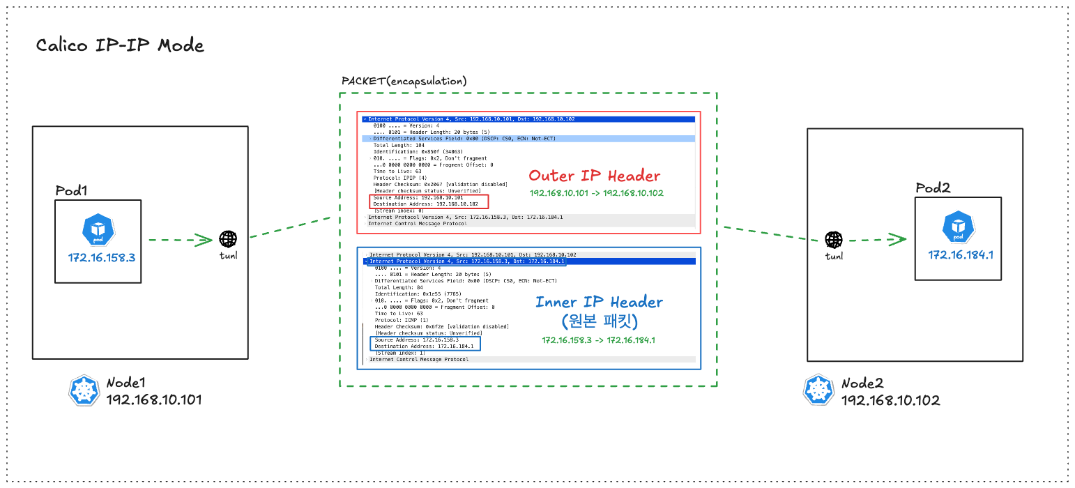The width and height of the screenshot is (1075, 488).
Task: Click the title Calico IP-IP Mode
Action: coord(120,46)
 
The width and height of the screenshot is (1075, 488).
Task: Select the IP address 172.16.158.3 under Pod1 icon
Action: coord(101,257)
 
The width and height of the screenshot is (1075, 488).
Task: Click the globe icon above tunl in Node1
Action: coord(228,239)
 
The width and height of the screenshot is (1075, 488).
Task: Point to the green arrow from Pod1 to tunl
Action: coord(180,241)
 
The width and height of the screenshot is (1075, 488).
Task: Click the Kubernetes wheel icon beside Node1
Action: coord(84,391)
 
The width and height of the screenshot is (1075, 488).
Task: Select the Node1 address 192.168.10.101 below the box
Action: coord(153,400)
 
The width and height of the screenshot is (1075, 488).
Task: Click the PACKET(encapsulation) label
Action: coord(404,81)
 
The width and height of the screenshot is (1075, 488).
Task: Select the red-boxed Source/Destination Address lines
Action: coord(429,201)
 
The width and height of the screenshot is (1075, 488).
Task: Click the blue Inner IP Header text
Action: coord(599,302)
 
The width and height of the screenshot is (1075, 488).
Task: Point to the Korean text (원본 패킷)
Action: coord(599,321)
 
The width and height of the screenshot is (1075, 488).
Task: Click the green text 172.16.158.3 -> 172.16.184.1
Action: coord(598,340)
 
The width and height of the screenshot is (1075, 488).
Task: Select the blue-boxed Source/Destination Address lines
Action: coord(426,343)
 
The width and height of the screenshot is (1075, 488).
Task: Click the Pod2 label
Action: coord(933,189)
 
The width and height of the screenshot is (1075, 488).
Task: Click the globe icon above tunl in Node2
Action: coord(833,240)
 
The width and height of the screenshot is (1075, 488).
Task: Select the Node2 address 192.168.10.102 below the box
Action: coord(890,400)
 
